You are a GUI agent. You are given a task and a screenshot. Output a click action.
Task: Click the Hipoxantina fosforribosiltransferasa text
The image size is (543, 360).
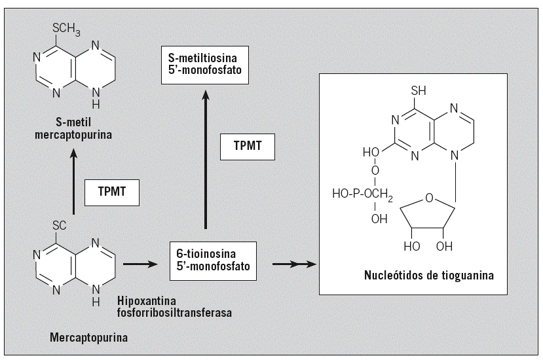tap(175, 307)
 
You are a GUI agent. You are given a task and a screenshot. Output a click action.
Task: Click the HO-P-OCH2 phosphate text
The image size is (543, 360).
tap(360, 194)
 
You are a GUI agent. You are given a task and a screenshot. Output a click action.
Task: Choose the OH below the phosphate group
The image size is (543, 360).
tap(379, 219)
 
